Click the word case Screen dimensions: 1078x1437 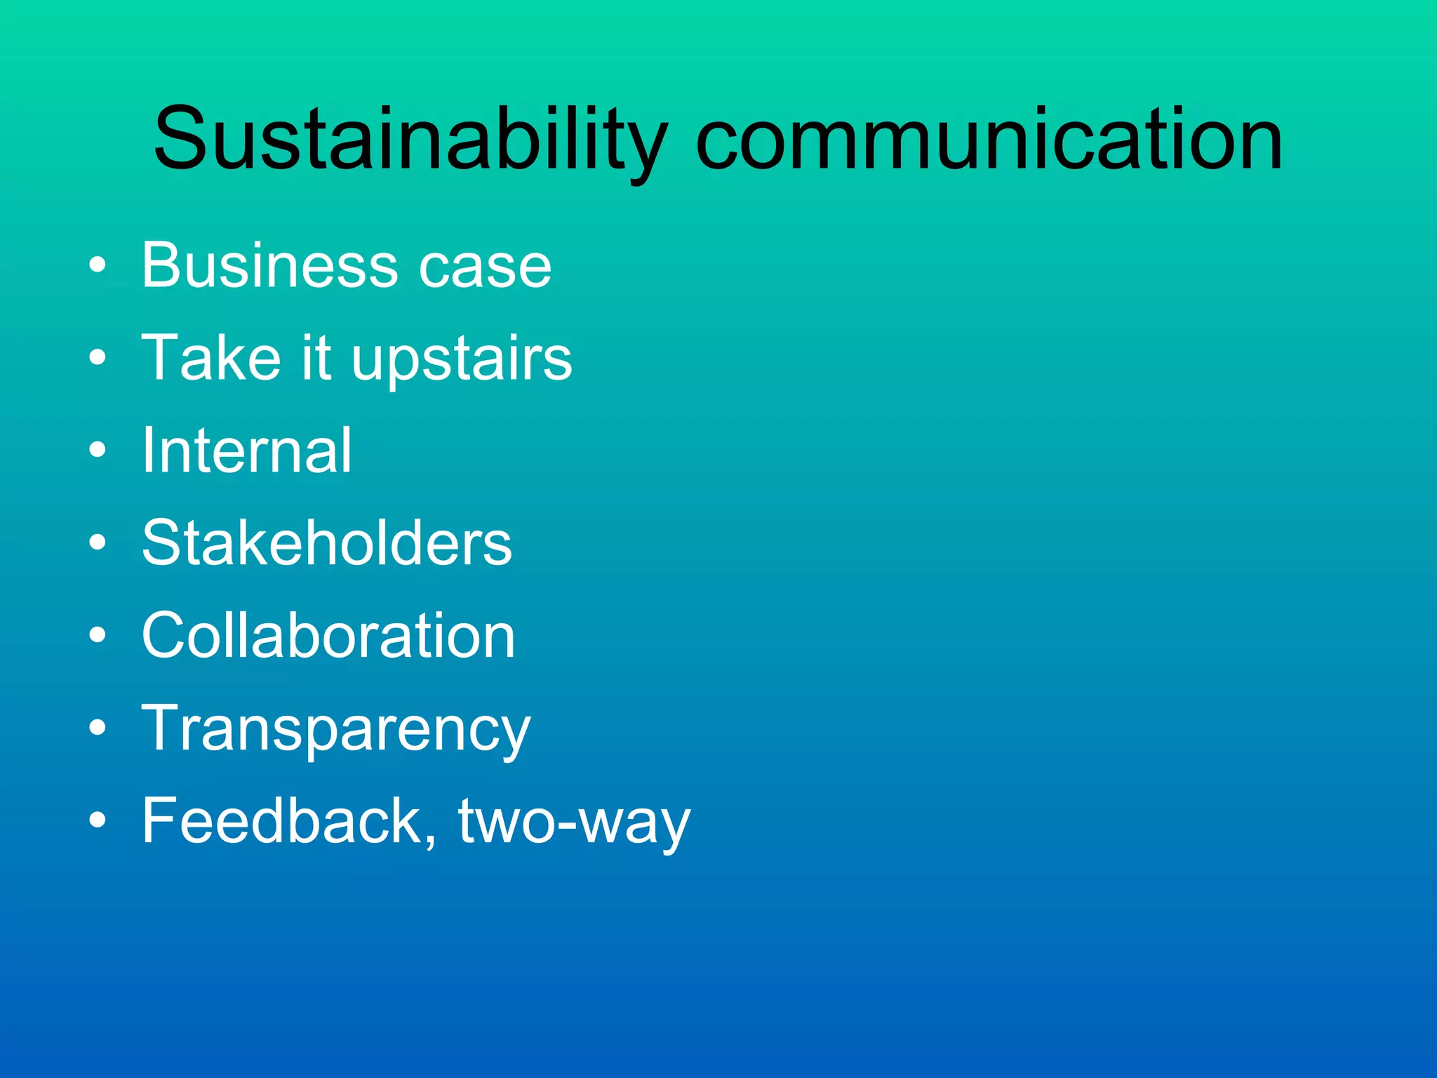pos(485,267)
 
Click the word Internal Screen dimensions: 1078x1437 pos(246,451)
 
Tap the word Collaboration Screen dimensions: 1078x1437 pos(328,635)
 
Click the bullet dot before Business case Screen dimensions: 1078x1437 pos(98,265)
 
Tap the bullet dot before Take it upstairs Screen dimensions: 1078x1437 pos(98,358)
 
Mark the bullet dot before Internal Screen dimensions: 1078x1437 pos(98,450)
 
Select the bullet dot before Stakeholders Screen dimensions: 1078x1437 pos(98,543)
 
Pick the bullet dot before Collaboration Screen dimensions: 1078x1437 pos(98,635)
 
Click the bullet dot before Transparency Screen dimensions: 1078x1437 pos(98,728)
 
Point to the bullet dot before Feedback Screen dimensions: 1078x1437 pos(98,820)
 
